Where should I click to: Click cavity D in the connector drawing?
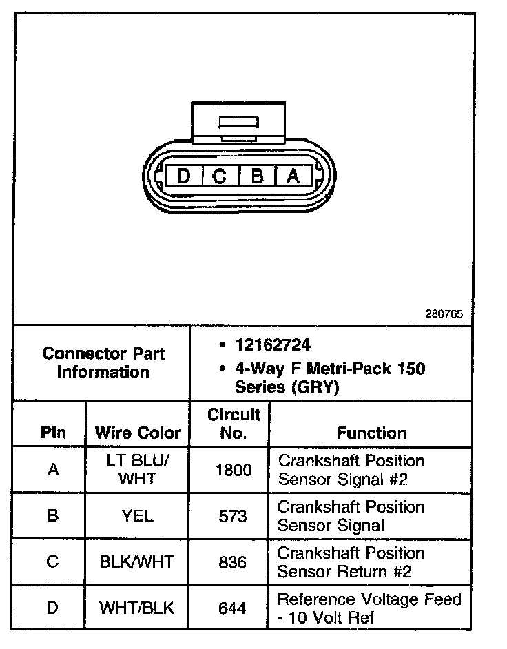pyautogui.click(x=183, y=176)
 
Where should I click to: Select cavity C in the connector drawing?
pyautogui.click(x=219, y=176)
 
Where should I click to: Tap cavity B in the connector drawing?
pyautogui.click(x=256, y=176)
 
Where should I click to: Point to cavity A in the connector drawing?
pyautogui.click(x=293, y=176)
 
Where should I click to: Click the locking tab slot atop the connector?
pyautogui.click(x=238, y=123)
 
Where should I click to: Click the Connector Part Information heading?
pyautogui.click(x=103, y=363)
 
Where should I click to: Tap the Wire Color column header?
pyautogui.click(x=138, y=433)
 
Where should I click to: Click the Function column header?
pyautogui.click(x=371, y=433)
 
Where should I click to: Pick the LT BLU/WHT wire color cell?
pyautogui.click(x=137, y=469)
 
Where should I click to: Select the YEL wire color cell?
pyautogui.click(x=137, y=515)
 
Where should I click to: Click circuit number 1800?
pyautogui.click(x=233, y=469)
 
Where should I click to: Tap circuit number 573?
pyautogui.click(x=233, y=515)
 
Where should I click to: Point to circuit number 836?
pyautogui.click(x=233, y=562)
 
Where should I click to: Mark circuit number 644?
pyautogui.click(x=233, y=608)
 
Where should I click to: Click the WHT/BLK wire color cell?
pyautogui.click(x=137, y=608)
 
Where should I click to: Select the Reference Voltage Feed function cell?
pyautogui.click(x=369, y=608)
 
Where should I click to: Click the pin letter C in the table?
pyautogui.click(x=52, y=562)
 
